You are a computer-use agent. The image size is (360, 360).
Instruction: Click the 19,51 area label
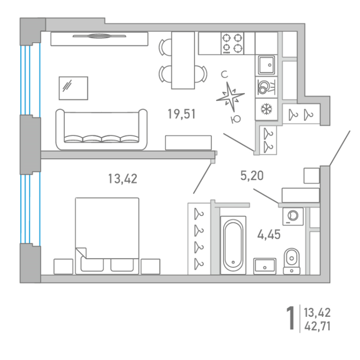182,114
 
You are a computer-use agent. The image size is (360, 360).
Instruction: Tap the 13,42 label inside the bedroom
122,178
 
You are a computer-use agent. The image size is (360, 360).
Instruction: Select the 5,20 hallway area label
252,176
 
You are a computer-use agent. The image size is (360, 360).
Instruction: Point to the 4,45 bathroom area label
269,235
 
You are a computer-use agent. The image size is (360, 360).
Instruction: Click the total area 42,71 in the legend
317,326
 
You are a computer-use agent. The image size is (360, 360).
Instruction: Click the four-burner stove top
232,43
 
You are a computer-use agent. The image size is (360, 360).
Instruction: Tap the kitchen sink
266,65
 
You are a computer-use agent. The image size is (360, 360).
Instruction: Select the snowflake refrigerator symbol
266,109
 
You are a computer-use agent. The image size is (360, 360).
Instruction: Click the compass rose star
230,97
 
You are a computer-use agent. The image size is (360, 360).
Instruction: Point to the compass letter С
224,75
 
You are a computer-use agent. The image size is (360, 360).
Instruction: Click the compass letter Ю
236,119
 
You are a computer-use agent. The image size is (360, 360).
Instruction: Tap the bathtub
233,245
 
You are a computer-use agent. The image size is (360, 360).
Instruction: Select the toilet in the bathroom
292,261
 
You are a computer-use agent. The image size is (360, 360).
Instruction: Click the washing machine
293,217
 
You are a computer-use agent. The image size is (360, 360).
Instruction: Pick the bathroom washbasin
265,266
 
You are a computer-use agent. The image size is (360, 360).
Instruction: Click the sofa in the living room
101,130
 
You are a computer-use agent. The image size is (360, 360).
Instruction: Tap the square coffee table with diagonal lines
73,88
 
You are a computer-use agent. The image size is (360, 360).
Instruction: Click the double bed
107,236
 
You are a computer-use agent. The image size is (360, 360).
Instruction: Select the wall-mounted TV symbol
99,36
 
